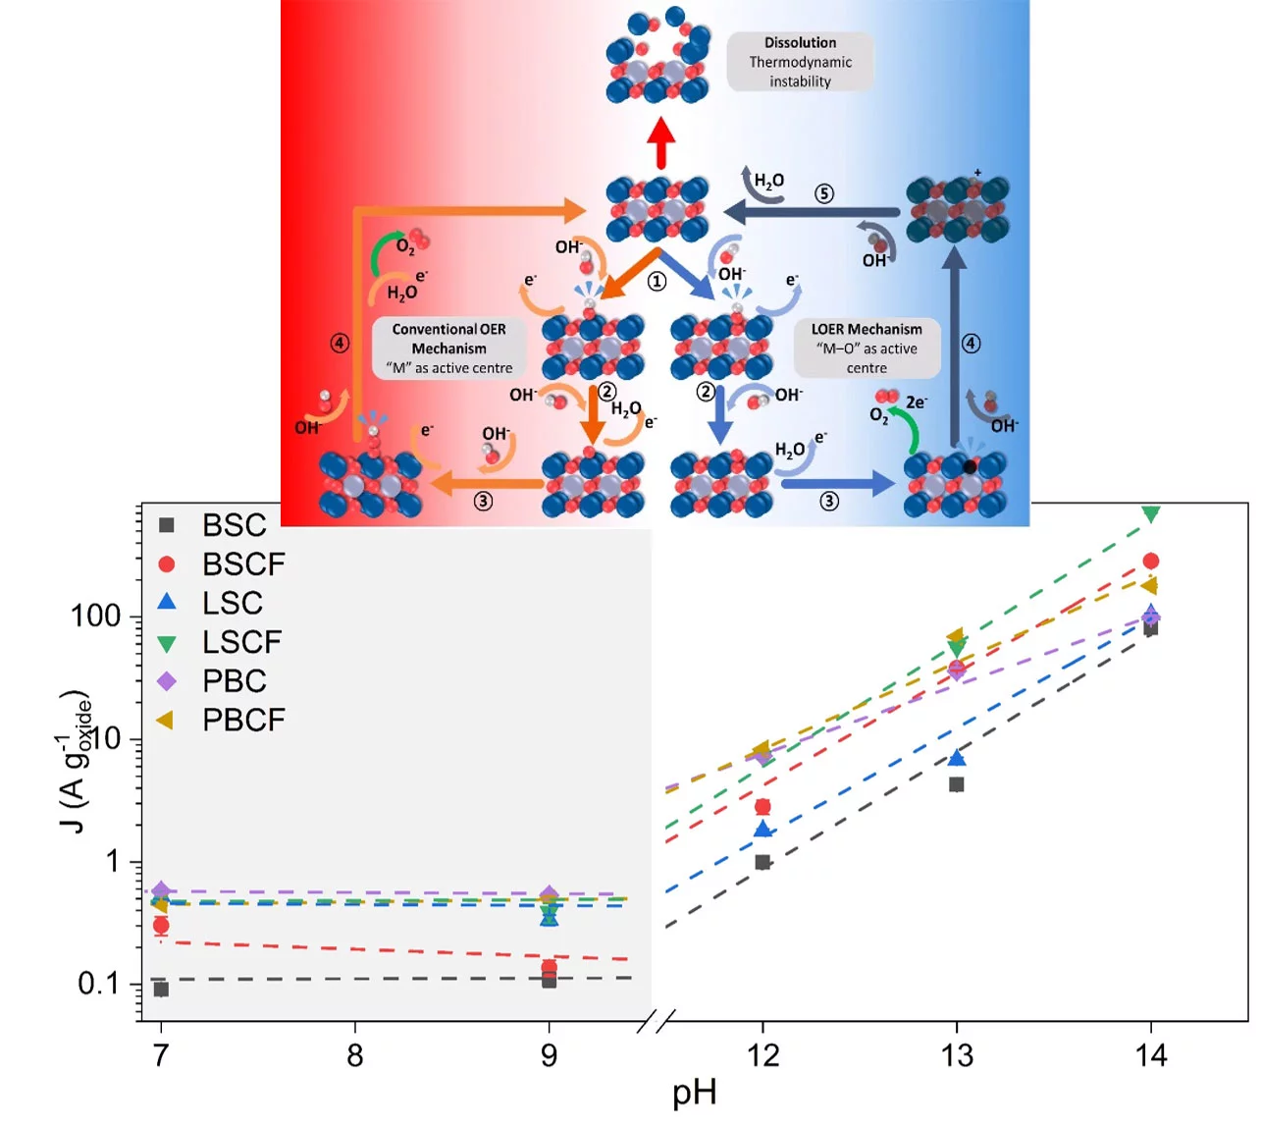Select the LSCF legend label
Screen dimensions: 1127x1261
[x=241, y=642]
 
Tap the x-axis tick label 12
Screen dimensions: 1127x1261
[x=762, y=1055]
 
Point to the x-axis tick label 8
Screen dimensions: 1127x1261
[x=355, y=1055]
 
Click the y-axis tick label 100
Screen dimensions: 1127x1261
[x=96, y=617]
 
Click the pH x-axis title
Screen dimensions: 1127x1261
[x=694, y=1093]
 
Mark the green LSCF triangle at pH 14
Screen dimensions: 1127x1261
[x=1151, y=513]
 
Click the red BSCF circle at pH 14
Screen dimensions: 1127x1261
[x=1151, y=561]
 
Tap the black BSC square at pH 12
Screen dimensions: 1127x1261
[x=762, y=862]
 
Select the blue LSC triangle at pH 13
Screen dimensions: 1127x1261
[x=957, y=758]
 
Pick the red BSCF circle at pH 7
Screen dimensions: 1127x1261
[x=161, y=925]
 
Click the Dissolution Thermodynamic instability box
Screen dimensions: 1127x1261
[x=800, y=62]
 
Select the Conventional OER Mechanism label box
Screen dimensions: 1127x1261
[x=449, y=349]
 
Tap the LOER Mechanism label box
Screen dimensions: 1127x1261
[x=867, y=349]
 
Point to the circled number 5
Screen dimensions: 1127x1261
[x=824, y=193]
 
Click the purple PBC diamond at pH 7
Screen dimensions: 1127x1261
[x=161, y=890]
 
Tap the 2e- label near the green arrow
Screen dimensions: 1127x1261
[x=916, y=402]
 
